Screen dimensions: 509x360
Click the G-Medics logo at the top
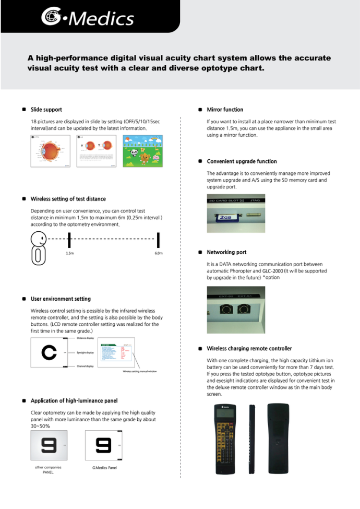pyautogui.click(x=87, y=18)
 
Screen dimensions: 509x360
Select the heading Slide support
pyautogui.click(x=46, y=110)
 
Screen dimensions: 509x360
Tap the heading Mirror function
pyautogui.click(x=225, y=110)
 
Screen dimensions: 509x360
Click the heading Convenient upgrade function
pyautogui.click(x=242, y=161)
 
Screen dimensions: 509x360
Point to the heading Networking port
pyautogui.click(x=226, y=252)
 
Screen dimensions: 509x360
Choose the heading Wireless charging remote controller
pyautogui.click(x=249, y=348)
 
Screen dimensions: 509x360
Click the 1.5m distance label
pyautogui.click(x=69, y=253)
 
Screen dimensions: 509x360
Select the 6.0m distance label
pyautogui.click(x=159, y=253)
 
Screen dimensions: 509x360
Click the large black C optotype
pyautogui.click(x=49, y=353)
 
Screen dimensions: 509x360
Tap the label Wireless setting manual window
pyautogui.click(x=139, y=372)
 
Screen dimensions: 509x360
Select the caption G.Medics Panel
pyautogui.click(x=104, y=468)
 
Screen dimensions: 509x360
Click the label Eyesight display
pyautogui.click(x=85, y=353)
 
